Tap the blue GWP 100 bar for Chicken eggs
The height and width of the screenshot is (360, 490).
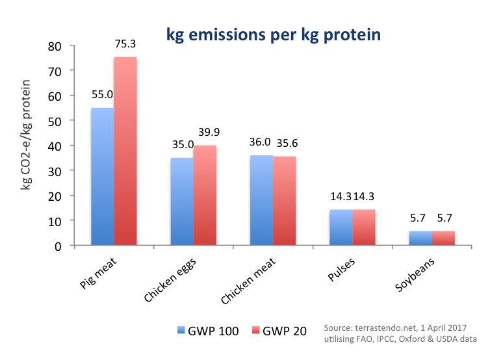(182, 201)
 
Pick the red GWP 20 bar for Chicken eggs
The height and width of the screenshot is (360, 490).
(205, 196)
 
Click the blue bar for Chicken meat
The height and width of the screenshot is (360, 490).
(261, 200)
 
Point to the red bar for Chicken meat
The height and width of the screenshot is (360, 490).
(284, 201)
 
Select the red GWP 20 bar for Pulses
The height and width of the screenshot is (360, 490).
(363, 227)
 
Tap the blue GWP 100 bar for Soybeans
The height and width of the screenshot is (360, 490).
(420, 238)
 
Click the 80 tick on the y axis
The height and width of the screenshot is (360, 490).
(60, 46)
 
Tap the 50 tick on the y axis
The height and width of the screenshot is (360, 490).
(60, 121)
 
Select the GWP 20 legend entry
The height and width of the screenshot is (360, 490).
(277, 331)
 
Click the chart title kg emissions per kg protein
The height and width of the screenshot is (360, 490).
(273, 35)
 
